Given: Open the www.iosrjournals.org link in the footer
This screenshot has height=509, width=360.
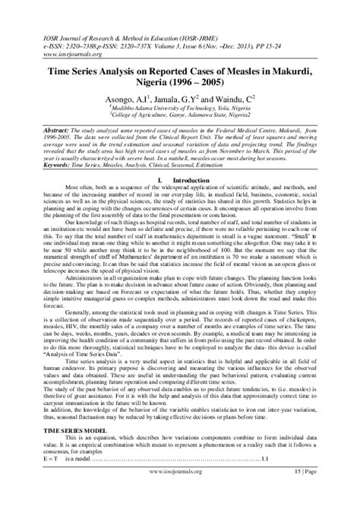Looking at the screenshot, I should (179, 493).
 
